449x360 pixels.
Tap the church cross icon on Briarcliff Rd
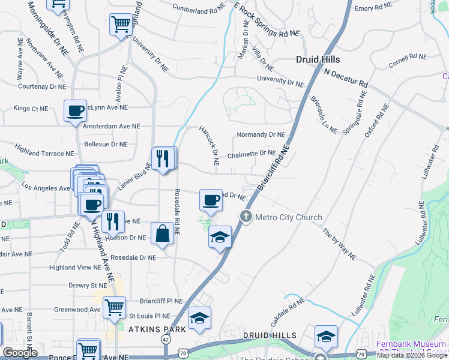point(246,217)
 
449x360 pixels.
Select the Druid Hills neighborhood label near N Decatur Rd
point(318,59)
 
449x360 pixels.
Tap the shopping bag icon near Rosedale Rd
point(163,233)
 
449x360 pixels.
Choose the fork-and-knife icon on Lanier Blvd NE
point(163,158)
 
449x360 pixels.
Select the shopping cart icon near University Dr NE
point(121,25)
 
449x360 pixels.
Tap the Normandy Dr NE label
point(261,135)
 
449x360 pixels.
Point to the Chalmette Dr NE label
point(251,154)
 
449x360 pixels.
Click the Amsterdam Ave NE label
point(111,127)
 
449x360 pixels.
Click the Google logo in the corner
point(20,353)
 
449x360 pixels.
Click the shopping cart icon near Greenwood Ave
point(114,308)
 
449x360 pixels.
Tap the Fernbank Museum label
point(412,344)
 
